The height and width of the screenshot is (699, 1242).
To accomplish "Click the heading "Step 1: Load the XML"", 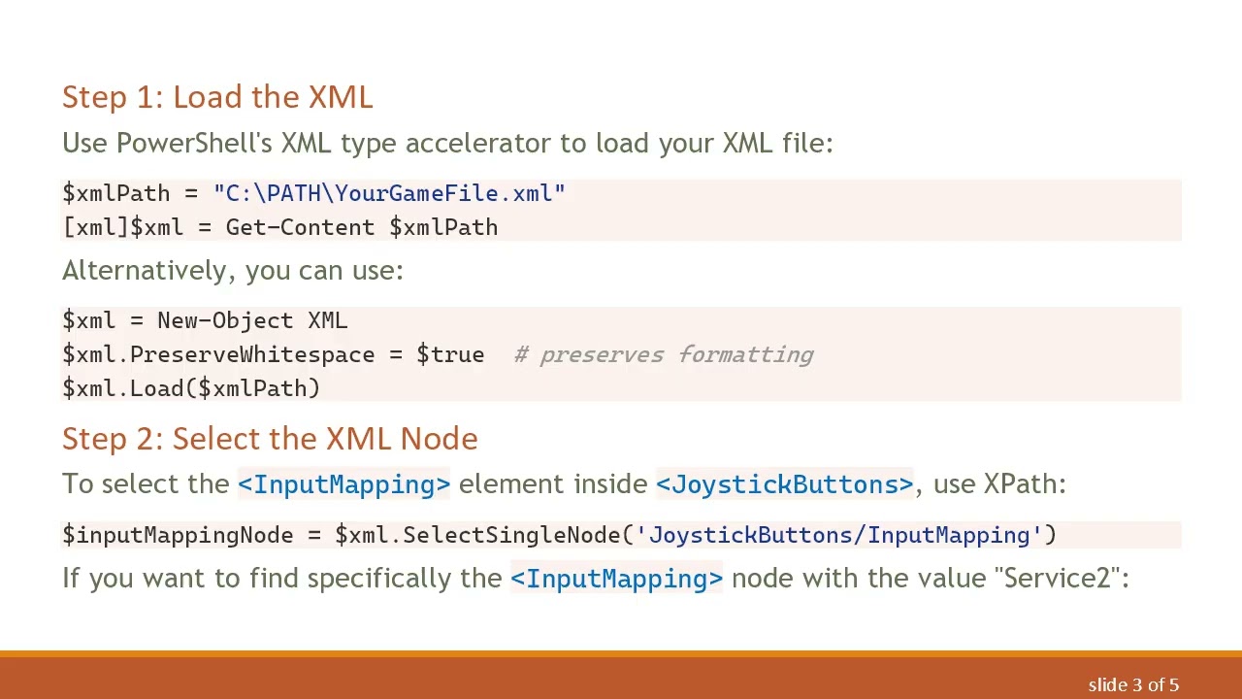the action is click(217, 97).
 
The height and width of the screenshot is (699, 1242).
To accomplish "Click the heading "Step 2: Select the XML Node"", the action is click(270, 439).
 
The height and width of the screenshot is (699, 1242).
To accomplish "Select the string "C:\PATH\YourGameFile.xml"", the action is click(389, 193).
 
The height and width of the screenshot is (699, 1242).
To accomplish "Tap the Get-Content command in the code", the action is click(300, 227).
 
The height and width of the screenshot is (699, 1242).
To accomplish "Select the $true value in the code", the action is click(450, 354).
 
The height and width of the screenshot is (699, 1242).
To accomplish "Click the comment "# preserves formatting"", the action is click(664, 354).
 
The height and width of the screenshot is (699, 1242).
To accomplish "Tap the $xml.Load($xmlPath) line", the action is click(191, 388).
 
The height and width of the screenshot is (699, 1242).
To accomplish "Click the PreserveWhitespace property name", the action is click(252, 354).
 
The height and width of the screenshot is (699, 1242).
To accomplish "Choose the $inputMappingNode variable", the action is click(178, 535).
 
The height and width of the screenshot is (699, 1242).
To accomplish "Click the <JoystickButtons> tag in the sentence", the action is click(784, 484).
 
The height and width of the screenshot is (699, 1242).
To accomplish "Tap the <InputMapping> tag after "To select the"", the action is click(343, 484).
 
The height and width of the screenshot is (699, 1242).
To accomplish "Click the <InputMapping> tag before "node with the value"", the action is click(616, 579).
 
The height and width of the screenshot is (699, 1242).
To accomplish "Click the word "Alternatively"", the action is click(147, 270).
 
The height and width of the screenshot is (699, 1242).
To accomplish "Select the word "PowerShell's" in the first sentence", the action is click(194, 144).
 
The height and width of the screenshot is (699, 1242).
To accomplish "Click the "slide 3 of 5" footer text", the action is click(1133, 685).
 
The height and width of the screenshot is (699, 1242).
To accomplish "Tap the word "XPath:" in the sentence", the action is click(1025, 484).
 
